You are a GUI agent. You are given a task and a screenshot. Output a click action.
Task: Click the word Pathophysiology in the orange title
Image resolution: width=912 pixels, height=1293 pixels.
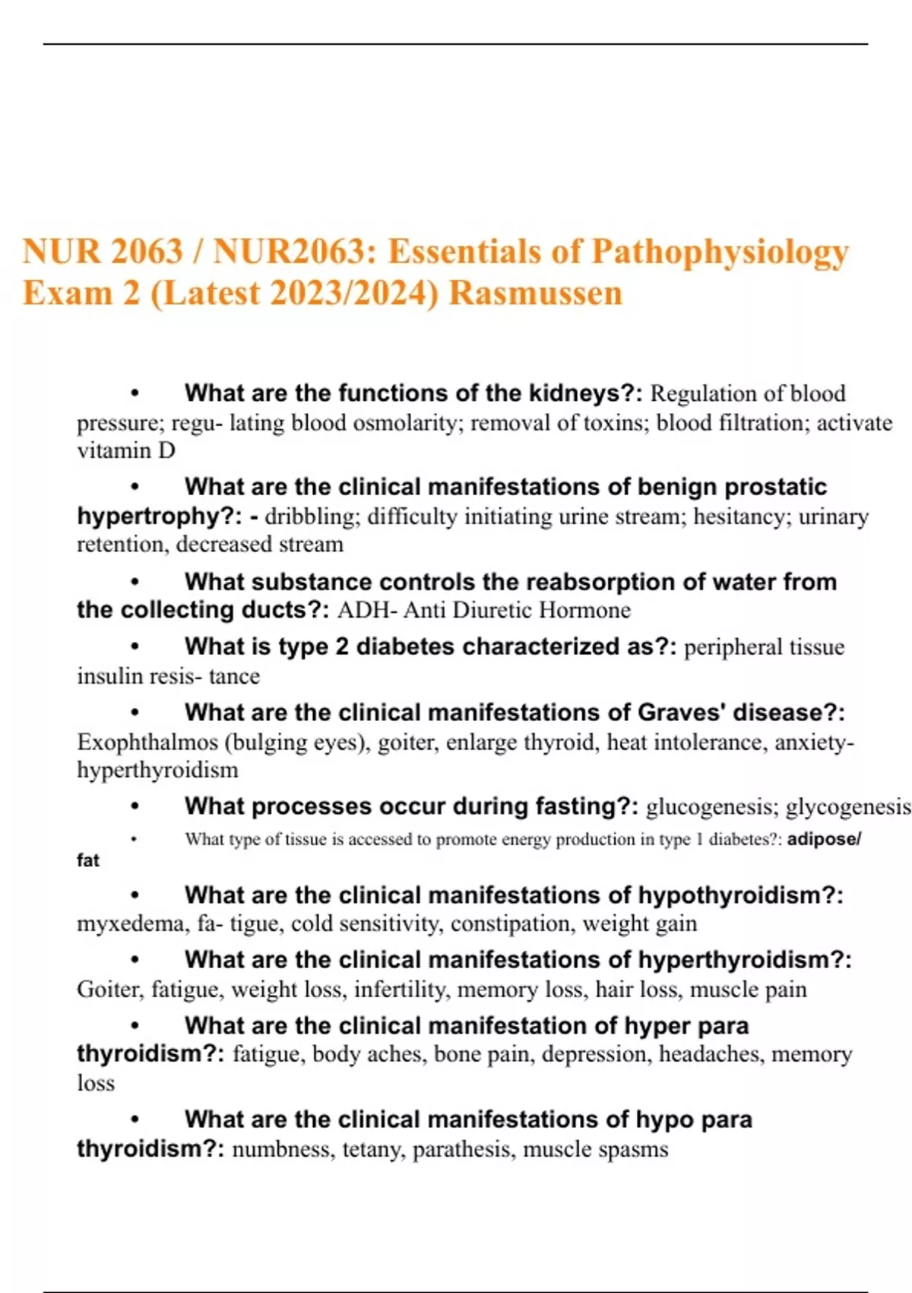click(720, 253)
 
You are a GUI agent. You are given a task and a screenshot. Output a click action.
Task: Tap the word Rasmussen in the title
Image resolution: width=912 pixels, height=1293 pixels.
click(536, 294)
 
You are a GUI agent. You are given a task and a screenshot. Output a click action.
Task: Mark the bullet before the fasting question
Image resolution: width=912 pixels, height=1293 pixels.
click(135, 806)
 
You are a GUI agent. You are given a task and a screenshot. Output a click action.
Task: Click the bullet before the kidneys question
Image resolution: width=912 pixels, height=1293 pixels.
click(135, 393)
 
